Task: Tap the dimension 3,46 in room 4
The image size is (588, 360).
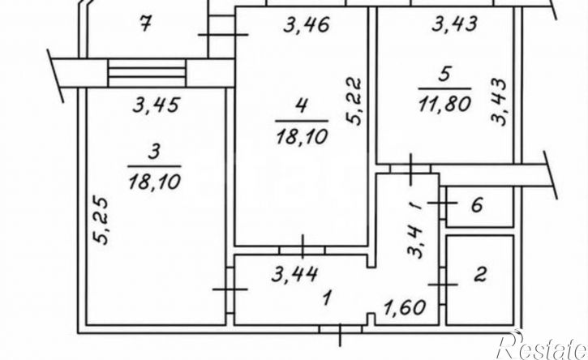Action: coord(307,25)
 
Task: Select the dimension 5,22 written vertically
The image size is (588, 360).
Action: coord(354,101)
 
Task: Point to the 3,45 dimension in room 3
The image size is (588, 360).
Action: coord(157,105)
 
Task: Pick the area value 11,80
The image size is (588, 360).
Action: coord(444,104)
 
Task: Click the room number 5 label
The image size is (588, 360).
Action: coord(444,75)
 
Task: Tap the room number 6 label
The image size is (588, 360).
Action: coord(476,205)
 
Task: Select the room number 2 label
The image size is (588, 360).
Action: coord(480,274)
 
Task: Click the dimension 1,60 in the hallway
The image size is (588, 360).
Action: coord(404,307)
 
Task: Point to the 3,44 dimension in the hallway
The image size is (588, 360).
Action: coord(294,274)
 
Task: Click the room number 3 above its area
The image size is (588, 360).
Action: coord(154,152)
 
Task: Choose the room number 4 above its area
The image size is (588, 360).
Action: coord(302,106)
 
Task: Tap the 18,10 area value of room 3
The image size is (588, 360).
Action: coord(154,182)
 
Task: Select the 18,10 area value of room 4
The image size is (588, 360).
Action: coord(302,136)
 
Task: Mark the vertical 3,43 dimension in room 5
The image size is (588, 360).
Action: coord(499,101)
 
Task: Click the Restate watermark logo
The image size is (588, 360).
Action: coord(541,345)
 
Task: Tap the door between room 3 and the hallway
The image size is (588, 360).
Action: coord(230,289)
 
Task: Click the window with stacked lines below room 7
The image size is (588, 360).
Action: coord(147,72)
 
